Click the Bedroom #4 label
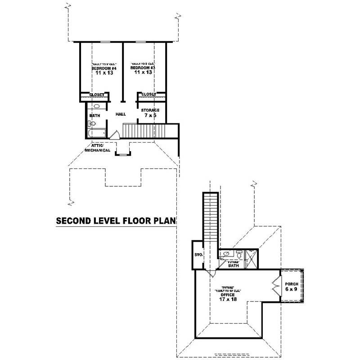(x=104, y=68)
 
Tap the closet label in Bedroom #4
(x=96, y=95)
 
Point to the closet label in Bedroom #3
(x=148, y=94)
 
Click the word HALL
(x=121, y=115)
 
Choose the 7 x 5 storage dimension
(x=150, y=116)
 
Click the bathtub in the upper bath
(x=96, y=133)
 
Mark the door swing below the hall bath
(x=114, y=135)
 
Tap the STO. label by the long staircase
(x=198, y=255)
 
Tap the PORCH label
(x=292, y=284)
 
